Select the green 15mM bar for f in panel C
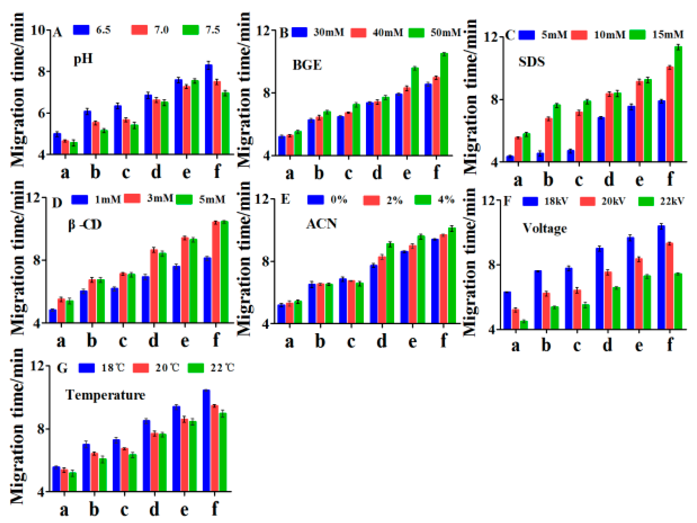678,104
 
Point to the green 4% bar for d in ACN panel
390,283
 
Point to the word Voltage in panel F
545,228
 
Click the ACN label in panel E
321,224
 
